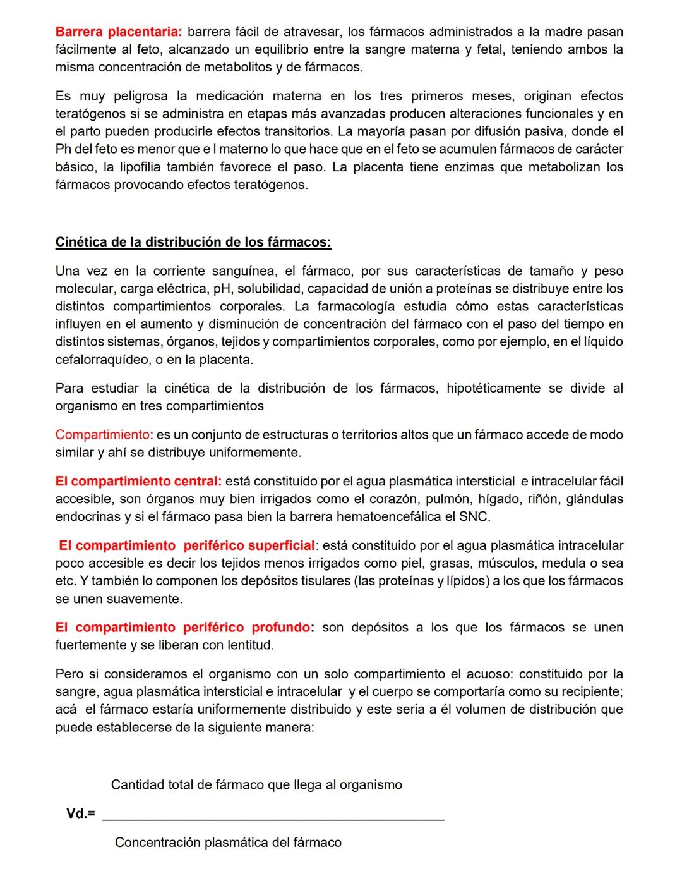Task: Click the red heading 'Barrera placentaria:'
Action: [x=119, y=32]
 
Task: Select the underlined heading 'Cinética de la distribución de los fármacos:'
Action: [x=193, y=242]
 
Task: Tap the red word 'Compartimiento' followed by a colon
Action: [x=102, y=435]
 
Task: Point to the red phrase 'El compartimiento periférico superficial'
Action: [x=186, y=545]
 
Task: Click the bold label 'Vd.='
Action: [x=81, y=814]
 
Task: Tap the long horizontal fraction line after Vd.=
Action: [x=273, y=820]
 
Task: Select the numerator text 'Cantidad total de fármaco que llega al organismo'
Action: [x=256, y=785]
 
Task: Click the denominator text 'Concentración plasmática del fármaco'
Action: [x=228, y=843]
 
